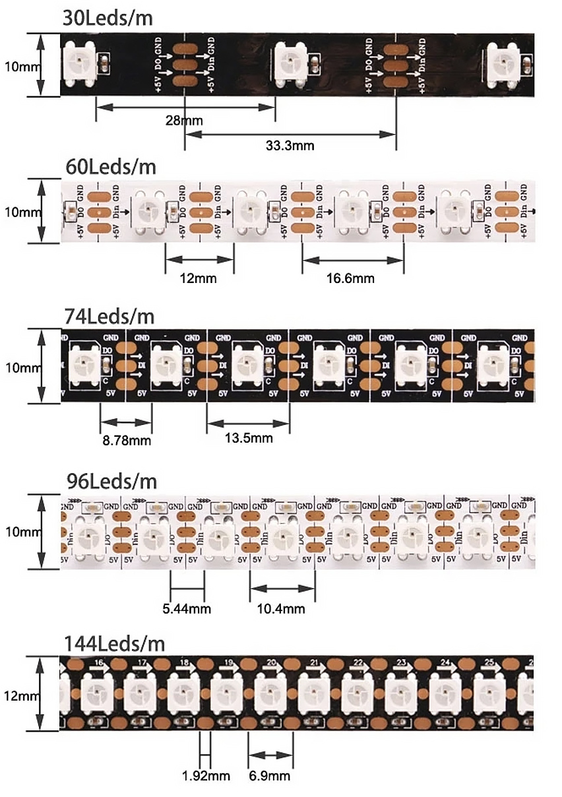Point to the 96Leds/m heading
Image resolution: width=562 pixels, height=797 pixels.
pos(111,480)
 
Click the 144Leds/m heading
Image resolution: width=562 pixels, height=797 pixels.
pos(115,643)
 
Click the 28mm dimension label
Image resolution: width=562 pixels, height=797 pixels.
pos(185,120)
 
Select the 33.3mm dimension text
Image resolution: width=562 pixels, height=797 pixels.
pos(290,145)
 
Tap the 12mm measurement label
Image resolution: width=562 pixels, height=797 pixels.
pos(199,278)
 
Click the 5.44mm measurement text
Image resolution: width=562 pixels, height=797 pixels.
pos(187,608)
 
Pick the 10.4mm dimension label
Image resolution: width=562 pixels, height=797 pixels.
pos(282,608)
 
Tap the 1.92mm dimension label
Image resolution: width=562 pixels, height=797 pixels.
pos(206,775)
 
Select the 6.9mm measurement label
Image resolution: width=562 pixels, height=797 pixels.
pos(270,775)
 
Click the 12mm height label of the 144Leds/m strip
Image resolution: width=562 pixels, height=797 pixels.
pos(16,696)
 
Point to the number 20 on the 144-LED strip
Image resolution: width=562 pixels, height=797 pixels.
pos(271,662)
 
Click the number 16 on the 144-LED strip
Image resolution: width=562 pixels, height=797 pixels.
pos(99,662)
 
